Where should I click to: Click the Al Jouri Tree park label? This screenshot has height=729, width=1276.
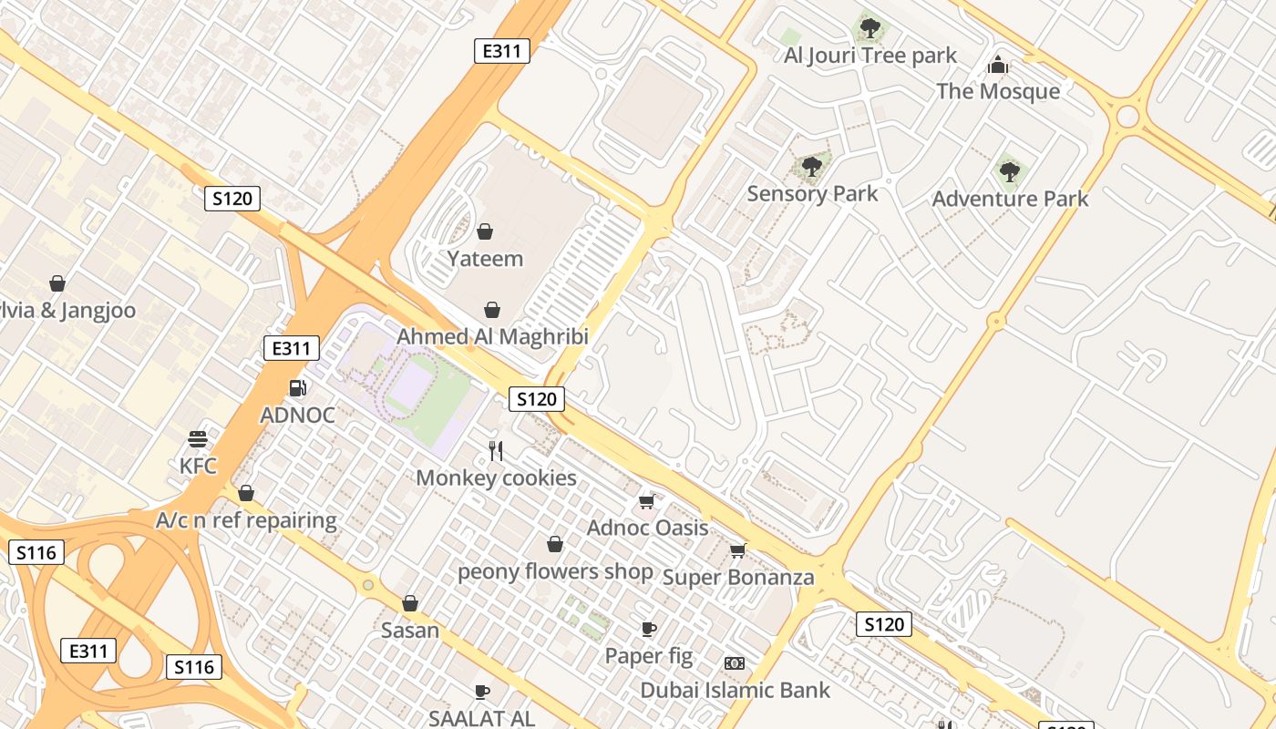click(870, 56)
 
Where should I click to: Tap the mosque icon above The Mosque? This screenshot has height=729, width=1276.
click(998, 65)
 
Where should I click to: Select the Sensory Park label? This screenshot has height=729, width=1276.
click(812, 193)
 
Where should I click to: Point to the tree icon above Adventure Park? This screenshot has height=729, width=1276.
click(1009, 170)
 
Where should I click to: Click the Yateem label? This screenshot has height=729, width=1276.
click(485, 259)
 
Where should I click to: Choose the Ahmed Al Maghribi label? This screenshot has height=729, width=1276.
click(492, 336)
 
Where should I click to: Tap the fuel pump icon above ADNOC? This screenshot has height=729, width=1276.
click(297, 388)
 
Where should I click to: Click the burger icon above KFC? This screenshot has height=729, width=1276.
click(198, 439)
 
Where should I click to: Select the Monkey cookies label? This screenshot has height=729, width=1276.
click(496, 477)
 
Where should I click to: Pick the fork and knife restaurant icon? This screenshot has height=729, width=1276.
click(496, 450)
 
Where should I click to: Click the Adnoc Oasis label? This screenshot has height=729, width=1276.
click(647, 528)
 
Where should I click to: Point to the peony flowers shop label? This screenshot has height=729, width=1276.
click(555, 572)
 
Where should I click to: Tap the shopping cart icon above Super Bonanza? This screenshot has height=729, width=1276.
click(737, 550)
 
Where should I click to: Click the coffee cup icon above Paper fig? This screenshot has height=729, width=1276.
click(648, 629)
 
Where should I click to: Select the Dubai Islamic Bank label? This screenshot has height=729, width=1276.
click(735, 690)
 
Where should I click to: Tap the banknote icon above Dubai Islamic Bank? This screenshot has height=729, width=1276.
click(734, 663)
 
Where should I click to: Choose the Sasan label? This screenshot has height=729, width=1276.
click(410, 630)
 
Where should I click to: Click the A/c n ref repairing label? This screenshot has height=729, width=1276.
click(246, 521)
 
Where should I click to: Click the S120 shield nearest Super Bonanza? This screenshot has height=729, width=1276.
click(883, 624)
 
